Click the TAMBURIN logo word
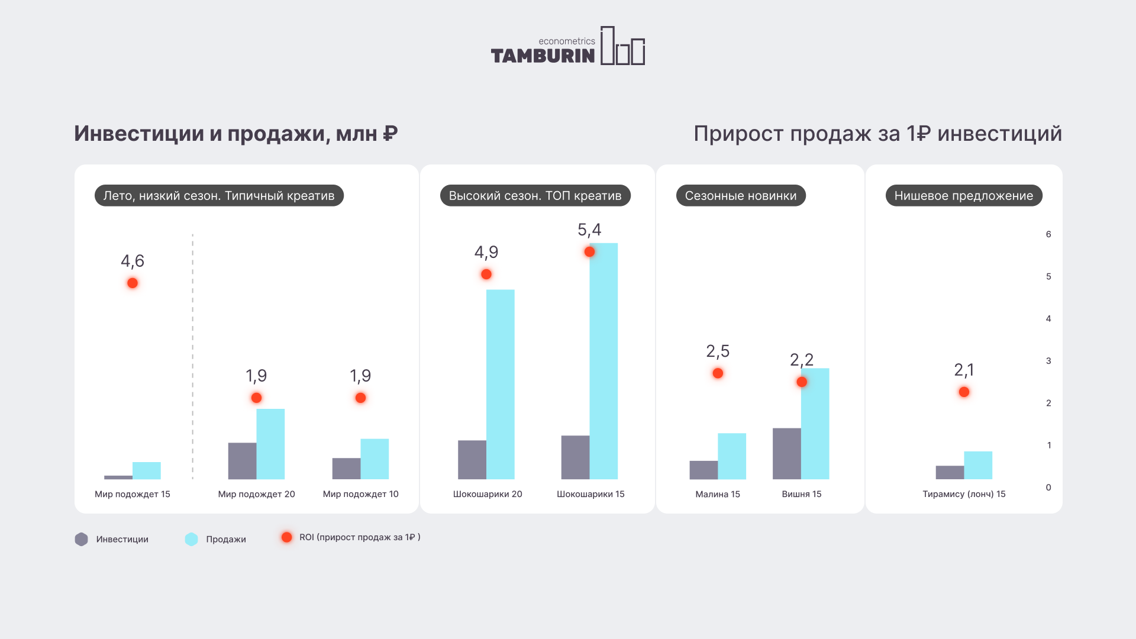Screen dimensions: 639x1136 coord(543,56)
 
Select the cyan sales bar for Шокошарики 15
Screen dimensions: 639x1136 coord(603,361)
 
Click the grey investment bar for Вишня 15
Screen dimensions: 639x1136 coord(786,453)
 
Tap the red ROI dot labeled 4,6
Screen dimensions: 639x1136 coord(133,283)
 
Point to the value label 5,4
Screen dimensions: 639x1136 coord(589,230)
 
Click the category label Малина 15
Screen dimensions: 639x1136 coord(717,494)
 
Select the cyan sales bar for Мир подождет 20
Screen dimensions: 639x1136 coord(270,444)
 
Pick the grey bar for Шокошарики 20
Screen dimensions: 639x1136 coord(472,460)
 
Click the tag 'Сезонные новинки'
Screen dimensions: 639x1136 coord(740,196)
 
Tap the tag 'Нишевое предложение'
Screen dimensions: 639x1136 coord(963,196)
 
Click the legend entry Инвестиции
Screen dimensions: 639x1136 coord(122,539)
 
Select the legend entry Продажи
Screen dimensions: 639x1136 coord(225,539)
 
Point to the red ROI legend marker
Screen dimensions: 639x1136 coord(286,537)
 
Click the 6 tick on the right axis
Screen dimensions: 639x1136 coord(1048,234)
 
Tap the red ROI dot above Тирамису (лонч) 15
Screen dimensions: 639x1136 coord(964,392)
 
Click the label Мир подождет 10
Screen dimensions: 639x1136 coord(360,494)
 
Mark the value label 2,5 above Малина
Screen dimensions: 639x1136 coord(718,351)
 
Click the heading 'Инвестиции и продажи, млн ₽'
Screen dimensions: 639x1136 coord(235,134)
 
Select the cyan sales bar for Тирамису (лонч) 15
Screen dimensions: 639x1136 coord(978,465)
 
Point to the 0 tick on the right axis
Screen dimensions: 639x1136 coord(1048,488)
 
